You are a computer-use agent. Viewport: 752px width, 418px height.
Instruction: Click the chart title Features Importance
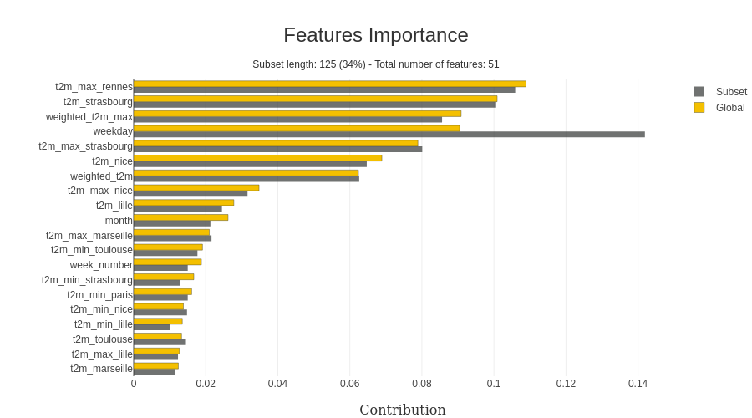[375, 35]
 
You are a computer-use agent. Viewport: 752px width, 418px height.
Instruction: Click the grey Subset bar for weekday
[389, 135]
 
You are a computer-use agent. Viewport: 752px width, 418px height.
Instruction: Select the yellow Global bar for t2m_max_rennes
[329, 84]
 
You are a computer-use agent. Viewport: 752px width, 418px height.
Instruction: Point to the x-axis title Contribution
[402, 410]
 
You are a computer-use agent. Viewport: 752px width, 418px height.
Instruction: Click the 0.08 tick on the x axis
[422, 384]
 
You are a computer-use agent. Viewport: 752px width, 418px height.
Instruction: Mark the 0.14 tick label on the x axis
[638, 384]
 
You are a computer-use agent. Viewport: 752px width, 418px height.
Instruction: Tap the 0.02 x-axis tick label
[206, 384]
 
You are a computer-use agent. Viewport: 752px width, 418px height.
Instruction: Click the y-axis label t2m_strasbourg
[98, 102]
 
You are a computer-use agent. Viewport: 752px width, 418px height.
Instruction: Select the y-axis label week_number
[101, 265]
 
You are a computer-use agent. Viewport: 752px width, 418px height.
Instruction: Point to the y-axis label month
[119, 221]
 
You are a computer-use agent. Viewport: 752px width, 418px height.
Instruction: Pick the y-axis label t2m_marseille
[101, 369]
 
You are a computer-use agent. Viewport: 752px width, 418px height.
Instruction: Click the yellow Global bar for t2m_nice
[257, 158]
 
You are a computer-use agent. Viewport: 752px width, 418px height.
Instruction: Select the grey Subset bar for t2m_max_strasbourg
[277, 150]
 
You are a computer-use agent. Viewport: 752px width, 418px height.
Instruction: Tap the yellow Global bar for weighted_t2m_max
[297, 114]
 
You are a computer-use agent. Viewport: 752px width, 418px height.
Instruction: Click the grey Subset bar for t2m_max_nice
[191, 194]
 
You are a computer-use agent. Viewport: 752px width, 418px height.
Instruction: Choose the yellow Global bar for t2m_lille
[184, 202]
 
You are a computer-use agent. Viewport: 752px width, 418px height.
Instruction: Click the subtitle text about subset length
[375, 64]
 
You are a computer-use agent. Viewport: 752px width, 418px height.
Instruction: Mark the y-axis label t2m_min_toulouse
[92, 250]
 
